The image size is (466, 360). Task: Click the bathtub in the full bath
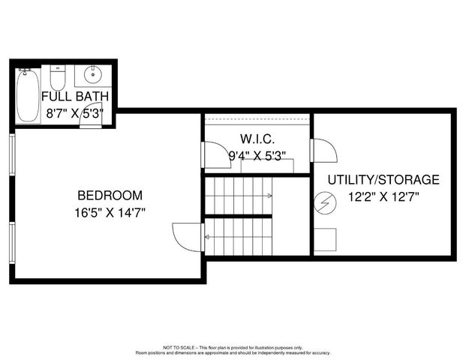tap(28, 95)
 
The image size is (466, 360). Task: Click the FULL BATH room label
tap(75, 96)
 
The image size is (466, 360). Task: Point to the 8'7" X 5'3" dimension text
tap(75, 113)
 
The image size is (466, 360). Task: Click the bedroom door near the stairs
tap(187, 237)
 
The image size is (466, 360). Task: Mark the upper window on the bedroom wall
tap(11, 154)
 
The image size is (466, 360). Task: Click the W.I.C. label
tap(257, 139)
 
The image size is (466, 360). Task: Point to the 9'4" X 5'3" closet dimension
tap(257, 156)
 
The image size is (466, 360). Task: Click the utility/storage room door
tap(324, 151)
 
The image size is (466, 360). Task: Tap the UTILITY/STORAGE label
tap(383, 180)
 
